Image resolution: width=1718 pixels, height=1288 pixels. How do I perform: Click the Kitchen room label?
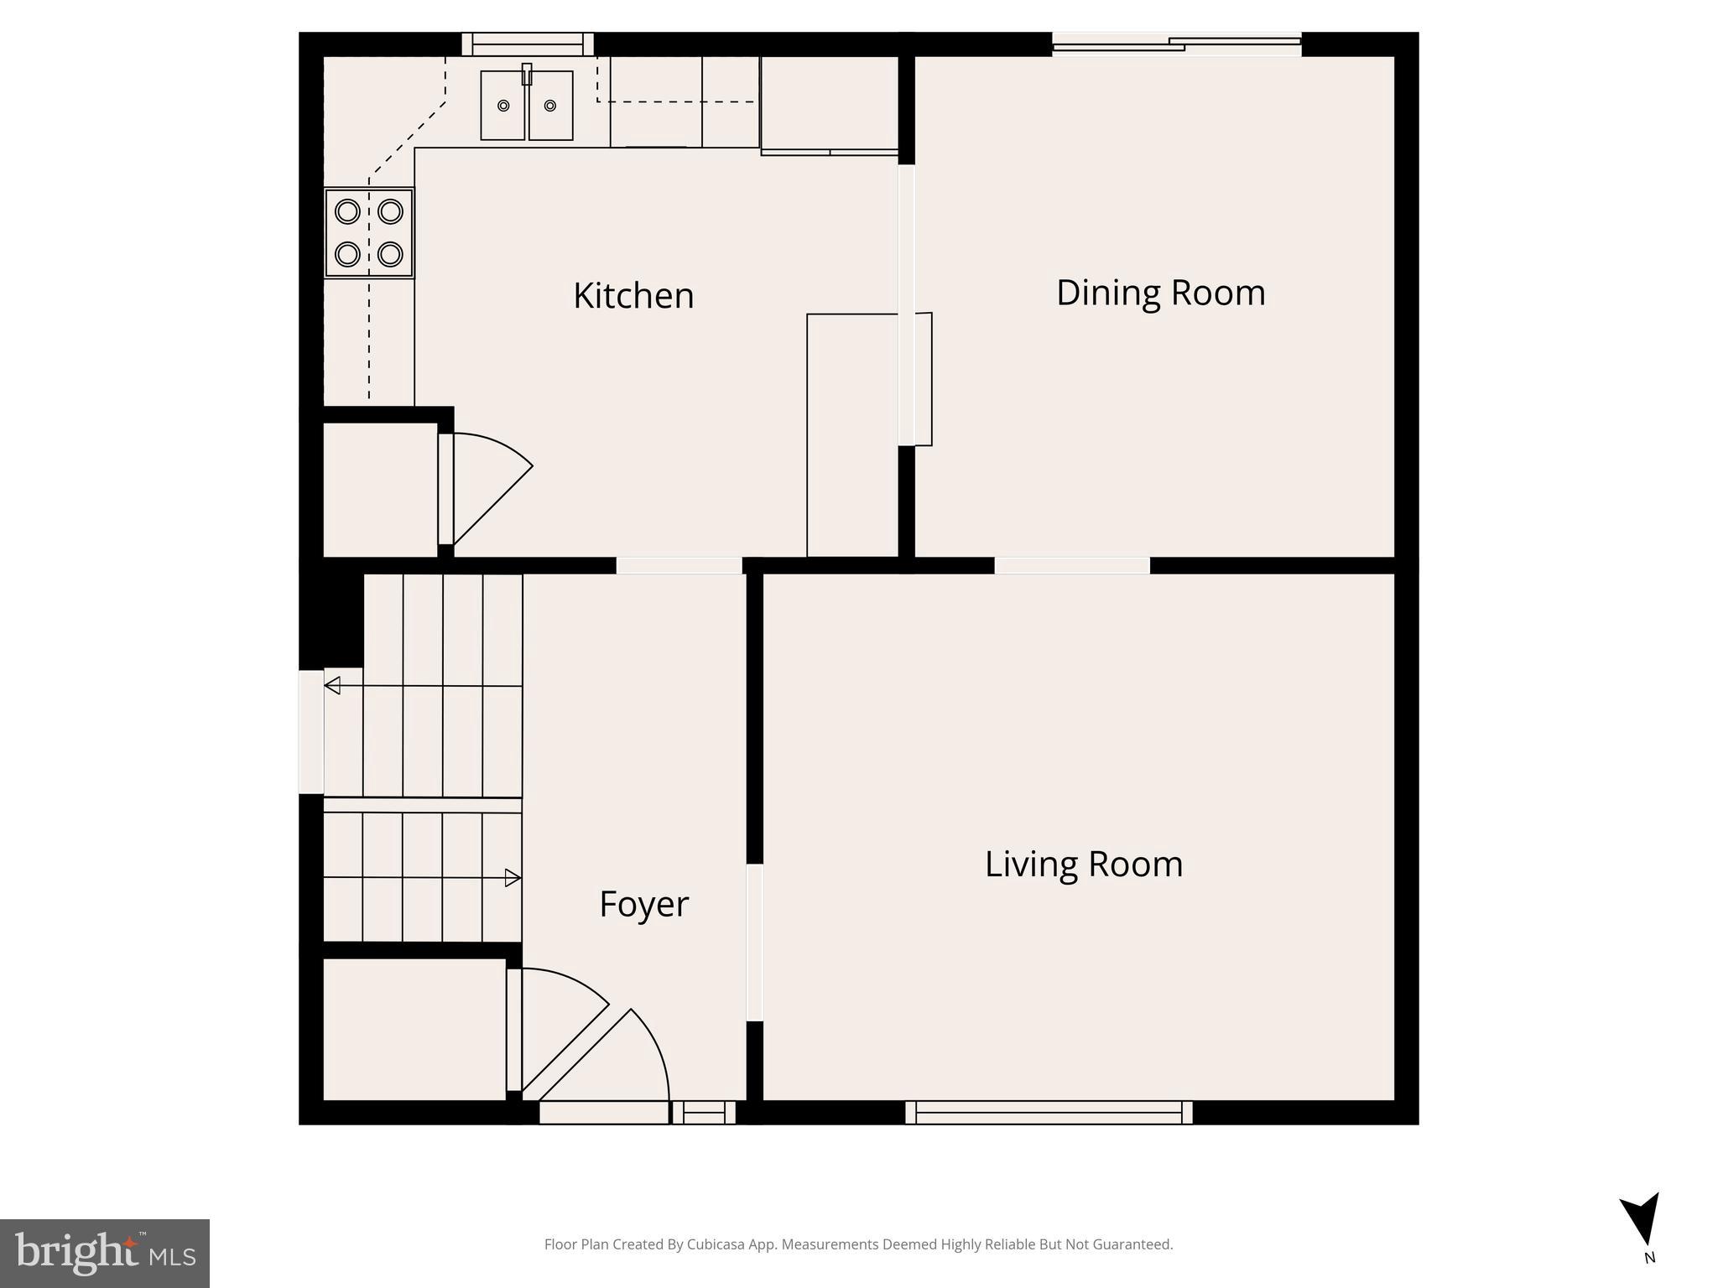(633, 296)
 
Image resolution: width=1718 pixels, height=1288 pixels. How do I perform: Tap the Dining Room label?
(1160, 293)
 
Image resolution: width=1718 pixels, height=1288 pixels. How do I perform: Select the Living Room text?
(1083, 865)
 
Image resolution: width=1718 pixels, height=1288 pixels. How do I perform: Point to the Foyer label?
(643, 904)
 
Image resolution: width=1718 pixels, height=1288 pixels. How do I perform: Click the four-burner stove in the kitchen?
(369, 232)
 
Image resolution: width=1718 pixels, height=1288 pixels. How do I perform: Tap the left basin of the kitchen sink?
(502, 106)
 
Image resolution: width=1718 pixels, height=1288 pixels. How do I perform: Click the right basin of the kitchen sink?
(550, 106)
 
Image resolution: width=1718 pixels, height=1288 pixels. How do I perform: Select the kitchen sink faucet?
(527, 74)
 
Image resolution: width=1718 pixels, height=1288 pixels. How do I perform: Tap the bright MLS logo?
(105, 1253)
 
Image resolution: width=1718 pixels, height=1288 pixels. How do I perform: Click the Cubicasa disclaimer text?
(858, 1244)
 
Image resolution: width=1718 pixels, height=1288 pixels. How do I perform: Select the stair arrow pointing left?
(333, 685)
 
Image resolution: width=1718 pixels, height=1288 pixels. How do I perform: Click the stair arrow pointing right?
(512, 878)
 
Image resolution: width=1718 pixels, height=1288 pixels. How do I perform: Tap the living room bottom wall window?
(1049, 1113)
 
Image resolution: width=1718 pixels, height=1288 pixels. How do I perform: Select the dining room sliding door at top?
(1176, 44)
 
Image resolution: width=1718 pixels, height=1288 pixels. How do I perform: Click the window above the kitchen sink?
(528, 44)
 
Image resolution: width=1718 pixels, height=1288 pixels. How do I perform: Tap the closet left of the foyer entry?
(414, 1029)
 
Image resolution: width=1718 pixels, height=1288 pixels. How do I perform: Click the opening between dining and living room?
(1071, 565)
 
